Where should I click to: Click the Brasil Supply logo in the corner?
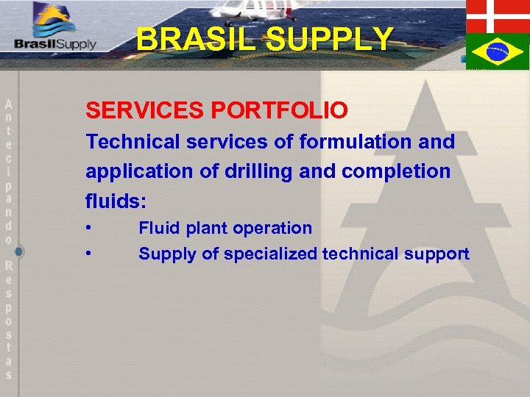[54, 29]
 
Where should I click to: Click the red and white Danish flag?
[497, 15]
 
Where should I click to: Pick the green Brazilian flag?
[497, 51]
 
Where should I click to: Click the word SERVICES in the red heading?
[145, 110]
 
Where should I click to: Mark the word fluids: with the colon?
[116, 200]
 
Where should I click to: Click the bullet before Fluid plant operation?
[88, 228]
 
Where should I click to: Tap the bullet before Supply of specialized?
[88, 254]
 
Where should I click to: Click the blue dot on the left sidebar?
[18, 251]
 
